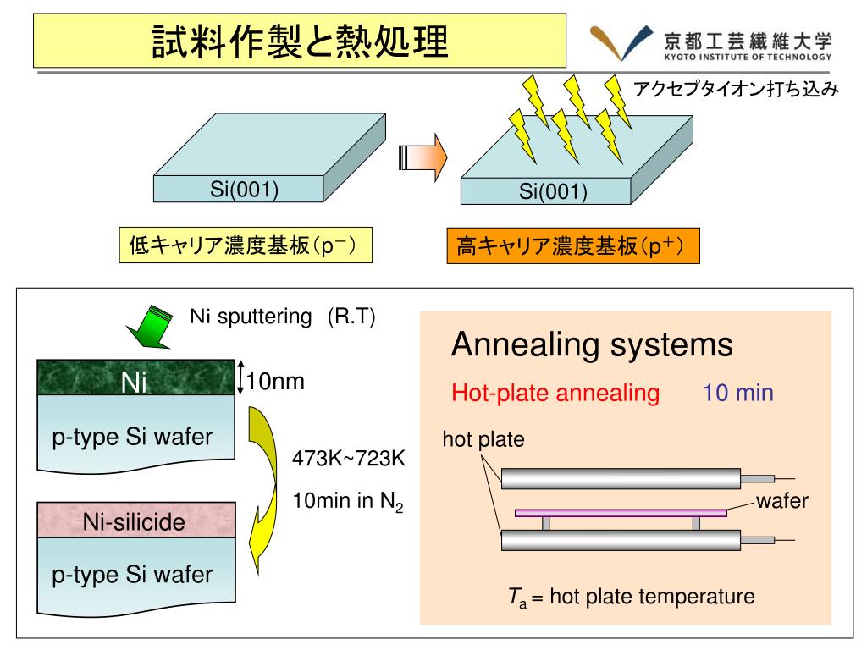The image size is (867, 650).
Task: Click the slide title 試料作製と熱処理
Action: pos(300,41)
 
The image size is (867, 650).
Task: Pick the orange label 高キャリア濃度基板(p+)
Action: pos(572,247)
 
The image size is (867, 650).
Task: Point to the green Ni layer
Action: pos(135,377)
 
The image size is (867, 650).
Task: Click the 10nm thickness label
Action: pos(274,383)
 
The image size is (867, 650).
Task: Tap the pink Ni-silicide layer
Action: pos(135,521)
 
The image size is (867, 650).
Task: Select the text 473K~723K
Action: pos(349,459)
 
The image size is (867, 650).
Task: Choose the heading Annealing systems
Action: pos(592,345)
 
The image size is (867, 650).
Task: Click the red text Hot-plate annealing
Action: pos(555,393)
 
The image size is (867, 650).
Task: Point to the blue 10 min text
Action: pos(737,393)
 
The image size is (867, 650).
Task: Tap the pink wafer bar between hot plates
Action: pos(621,512)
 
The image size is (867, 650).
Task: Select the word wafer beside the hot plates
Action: pos(782,501)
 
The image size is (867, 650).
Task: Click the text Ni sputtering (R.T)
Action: pos(282,317)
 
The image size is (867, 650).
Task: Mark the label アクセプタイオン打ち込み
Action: pos(736,89)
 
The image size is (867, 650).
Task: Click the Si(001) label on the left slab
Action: pos(245,189)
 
